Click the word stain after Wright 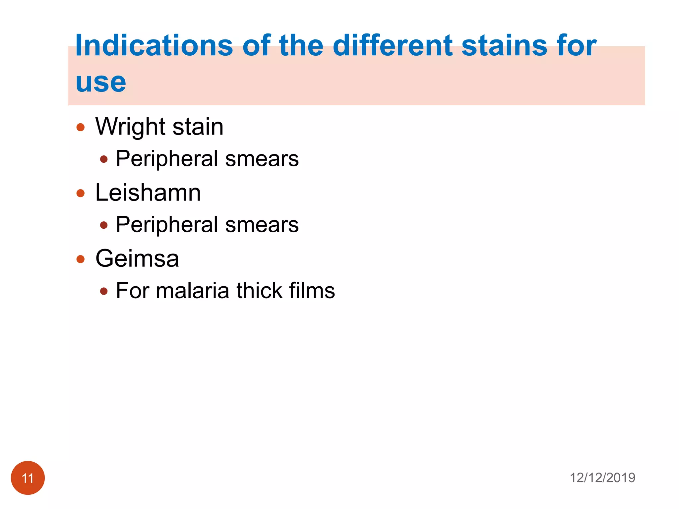click(198, 127)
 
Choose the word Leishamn click(148, 193)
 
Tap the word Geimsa click(137, 258)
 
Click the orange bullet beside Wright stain click(81, 127)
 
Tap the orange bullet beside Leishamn click(81, 193)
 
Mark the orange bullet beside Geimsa click(81, 259)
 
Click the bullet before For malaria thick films click(104, 291)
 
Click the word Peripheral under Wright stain click(167, 159)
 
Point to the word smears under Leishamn click(262, 225)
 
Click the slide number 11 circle click(28, 478)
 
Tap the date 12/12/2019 click(602, 478)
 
